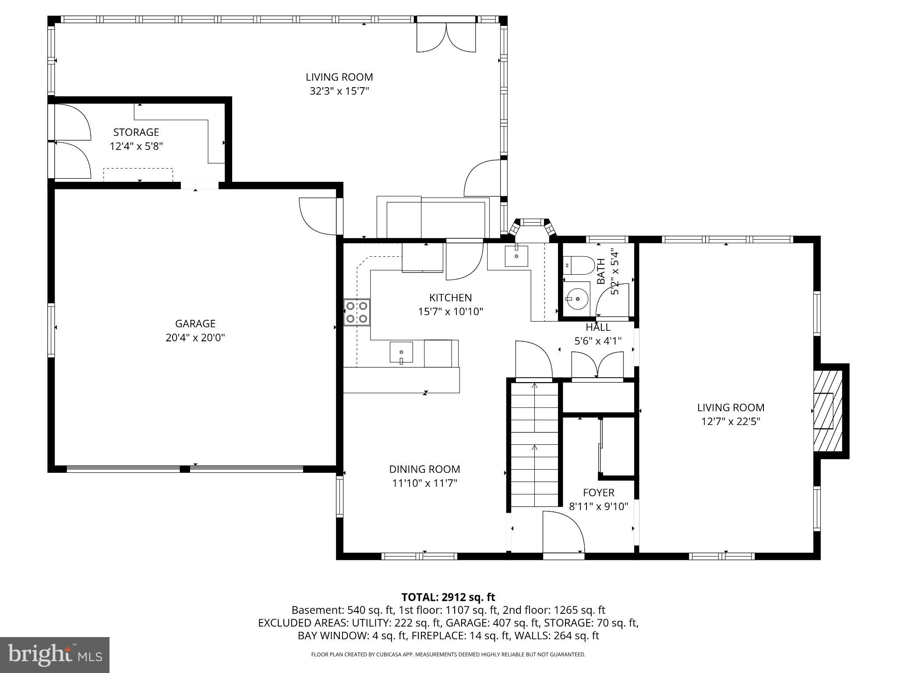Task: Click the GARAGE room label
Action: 195,323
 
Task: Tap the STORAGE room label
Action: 136,132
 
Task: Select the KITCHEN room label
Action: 450,298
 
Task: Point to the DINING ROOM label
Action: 424,469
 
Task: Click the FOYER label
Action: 598,492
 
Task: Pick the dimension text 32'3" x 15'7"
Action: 339,91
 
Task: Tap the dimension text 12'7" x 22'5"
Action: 731,422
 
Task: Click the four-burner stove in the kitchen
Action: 357,312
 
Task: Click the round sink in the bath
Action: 577,298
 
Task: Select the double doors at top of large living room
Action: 446,37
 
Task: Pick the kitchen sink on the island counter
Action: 401,352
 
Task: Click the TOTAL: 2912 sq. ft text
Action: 448,597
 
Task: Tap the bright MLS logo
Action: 55,655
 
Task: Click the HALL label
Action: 598,327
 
